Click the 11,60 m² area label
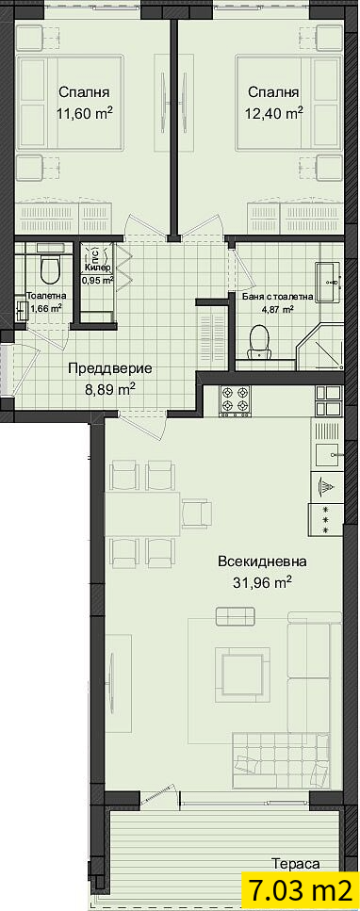[84, 113]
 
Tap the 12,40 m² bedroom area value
[274, 113]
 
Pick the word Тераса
[296, 864]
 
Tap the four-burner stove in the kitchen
[235, 399]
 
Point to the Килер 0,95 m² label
[97, 272]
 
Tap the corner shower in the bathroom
[319, 347]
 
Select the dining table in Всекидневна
[142, 514]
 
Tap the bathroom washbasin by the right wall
[329, 282]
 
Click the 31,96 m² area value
[262, 582]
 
